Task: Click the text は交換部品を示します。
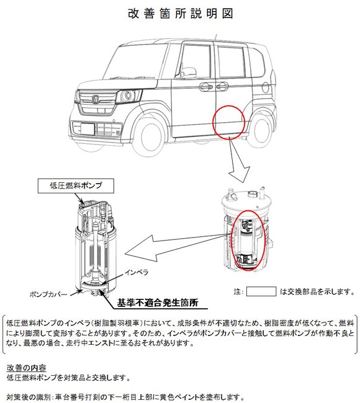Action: (313, 291)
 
